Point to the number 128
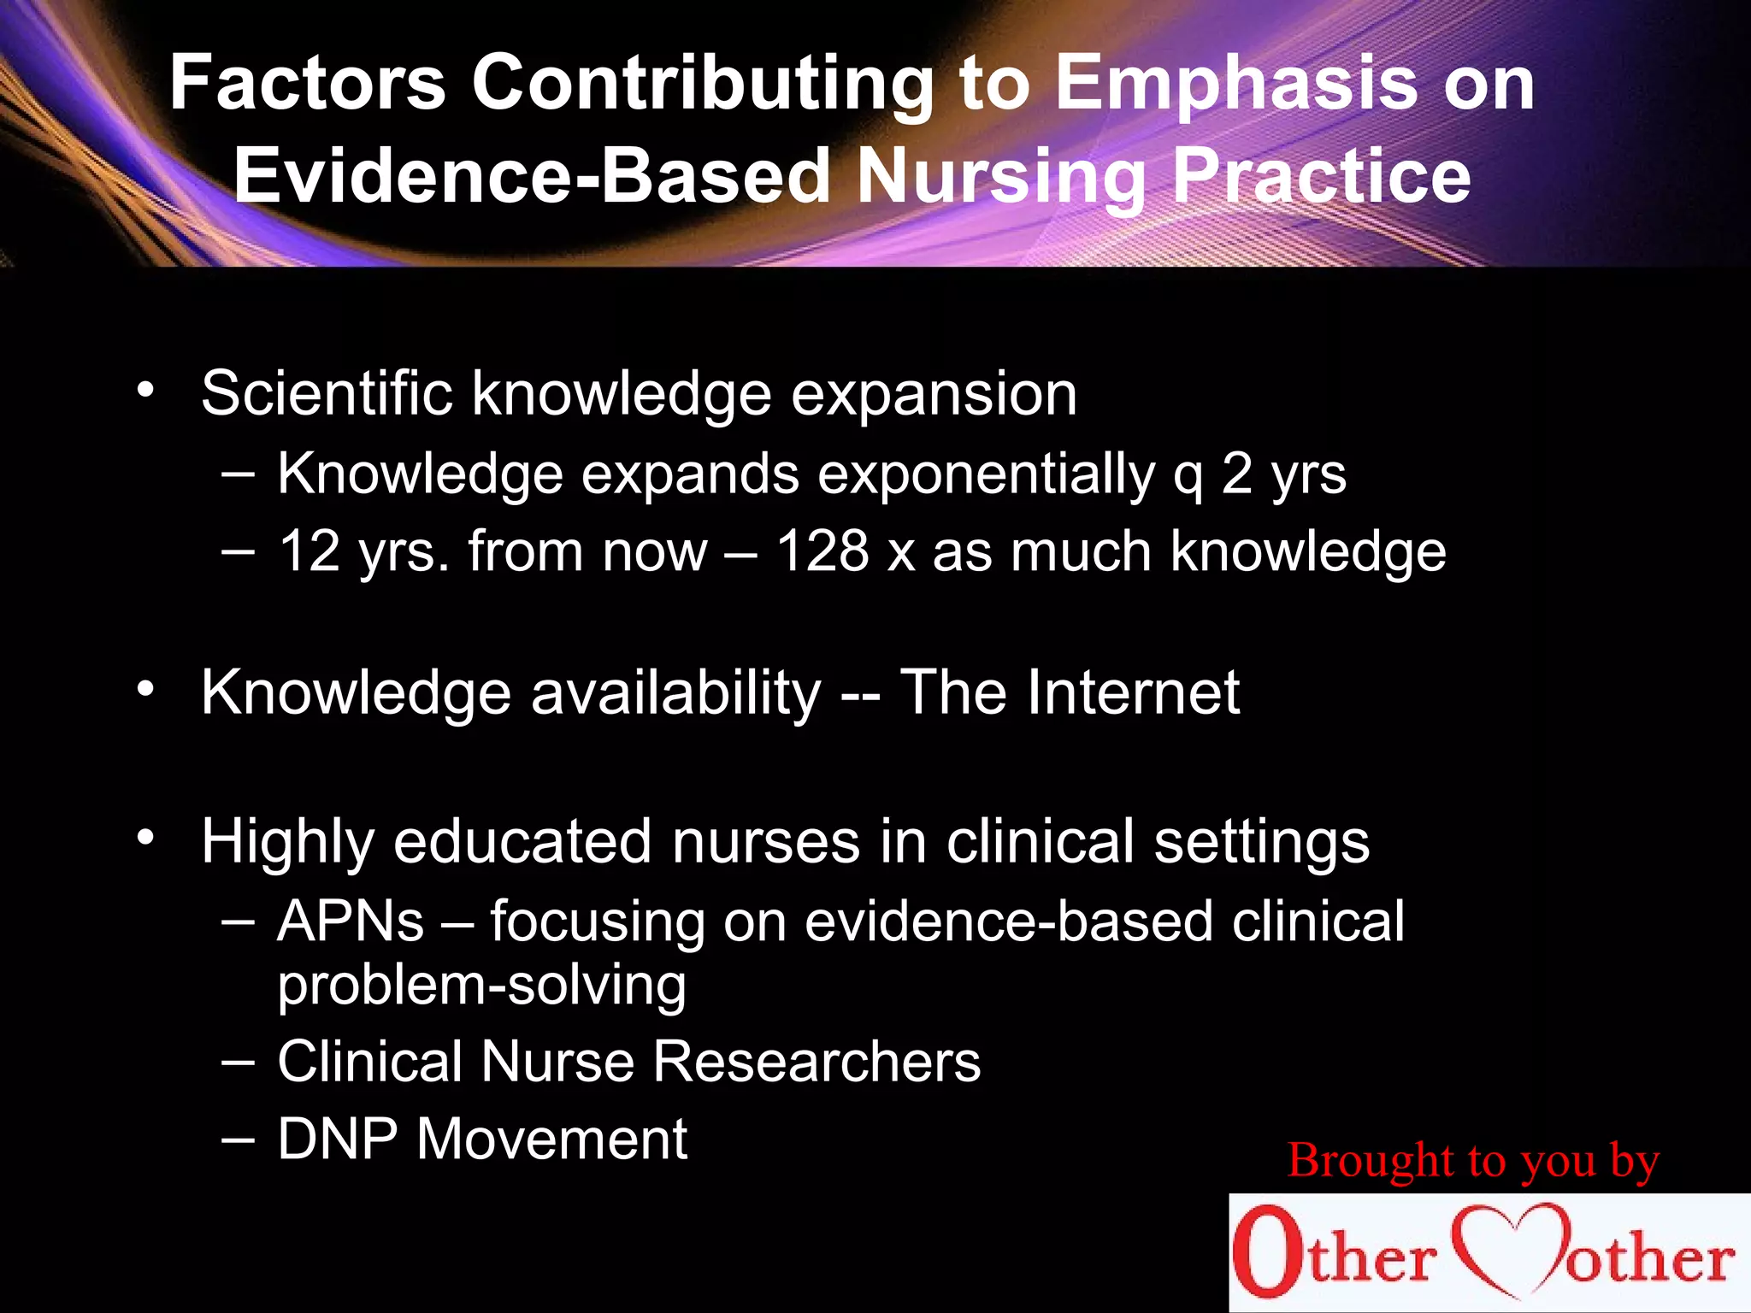822,551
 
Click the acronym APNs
351,921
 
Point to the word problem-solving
481,986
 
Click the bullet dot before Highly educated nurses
146,837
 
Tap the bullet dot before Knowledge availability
146,688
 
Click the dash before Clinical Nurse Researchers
237,1063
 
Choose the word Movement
551,1139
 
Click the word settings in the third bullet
1261,843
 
